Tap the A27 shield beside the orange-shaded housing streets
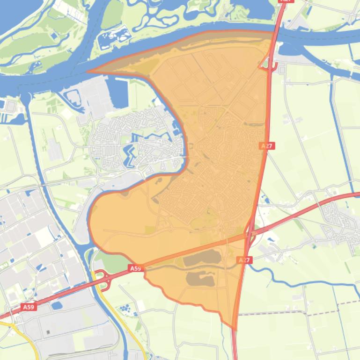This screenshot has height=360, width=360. coord(267,146)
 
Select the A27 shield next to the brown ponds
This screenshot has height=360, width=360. coord(245,260)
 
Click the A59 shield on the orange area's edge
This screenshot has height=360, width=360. coord(135,268)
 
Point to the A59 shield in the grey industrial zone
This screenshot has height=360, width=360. coord(28,307)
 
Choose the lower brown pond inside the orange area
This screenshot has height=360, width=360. coord(200,279)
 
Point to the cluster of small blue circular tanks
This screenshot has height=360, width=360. coord(125,309)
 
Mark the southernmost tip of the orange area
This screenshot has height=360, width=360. coord(233,328)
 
